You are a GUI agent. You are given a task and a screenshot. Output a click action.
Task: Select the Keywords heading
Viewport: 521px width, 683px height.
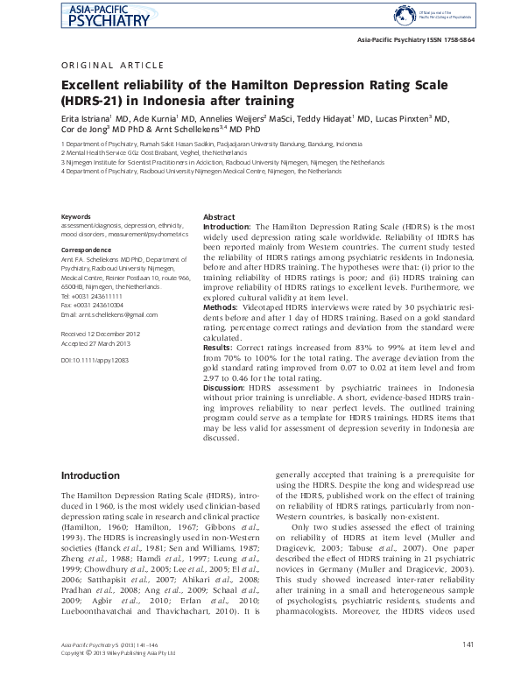coord(76,216)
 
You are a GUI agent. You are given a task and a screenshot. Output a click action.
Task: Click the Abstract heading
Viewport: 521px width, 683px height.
coord(218,216)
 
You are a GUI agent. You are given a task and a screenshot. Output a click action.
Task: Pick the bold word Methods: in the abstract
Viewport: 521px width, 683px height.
coord(220,307)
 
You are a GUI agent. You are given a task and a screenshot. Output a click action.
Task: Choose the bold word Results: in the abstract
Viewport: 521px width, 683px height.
coord(219,347)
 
